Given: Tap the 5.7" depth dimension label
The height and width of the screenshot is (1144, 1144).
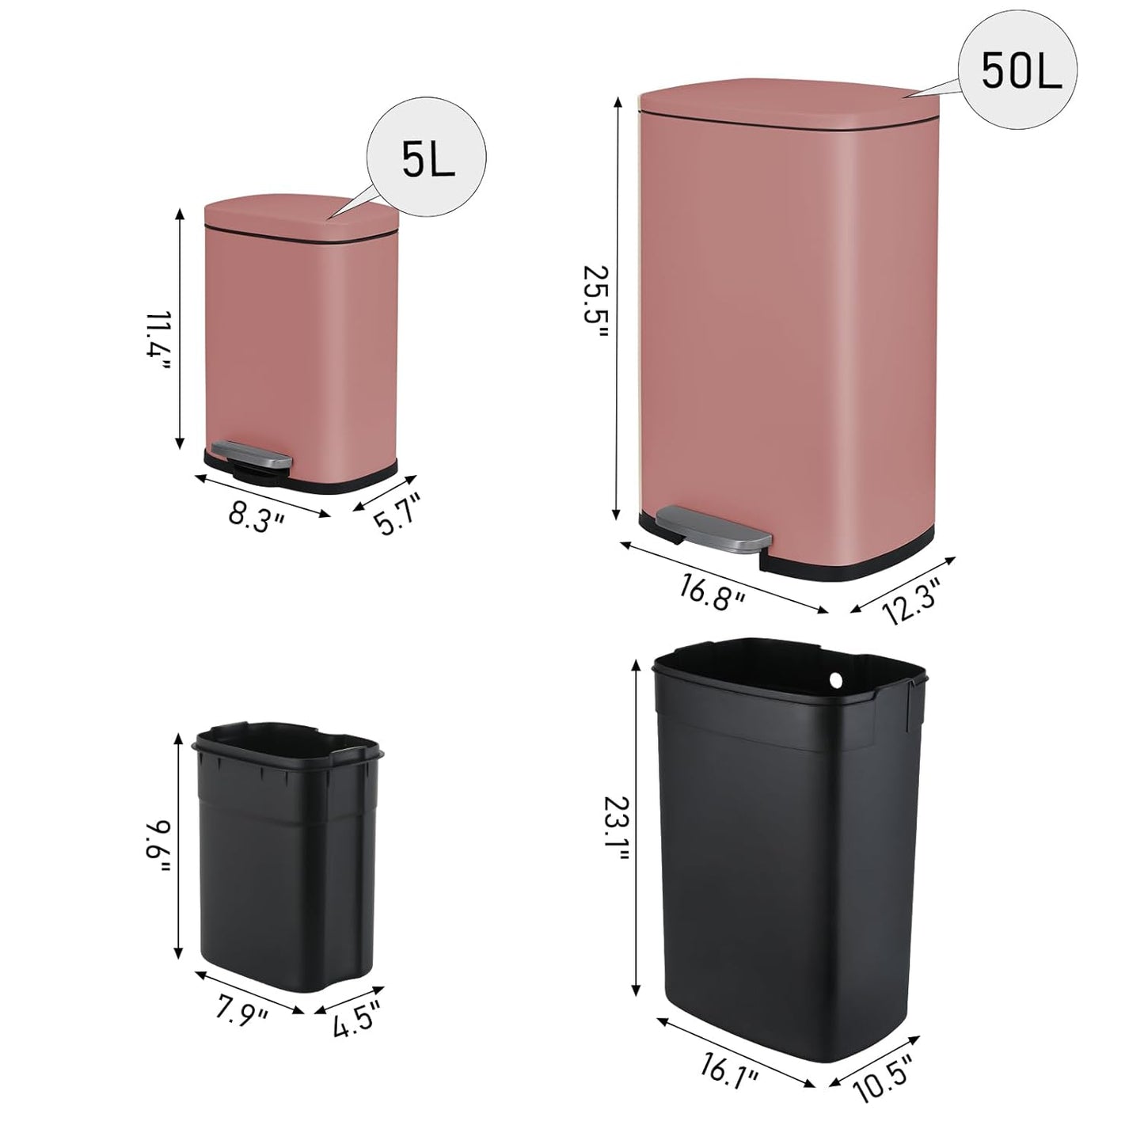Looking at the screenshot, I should coord(395,514).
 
